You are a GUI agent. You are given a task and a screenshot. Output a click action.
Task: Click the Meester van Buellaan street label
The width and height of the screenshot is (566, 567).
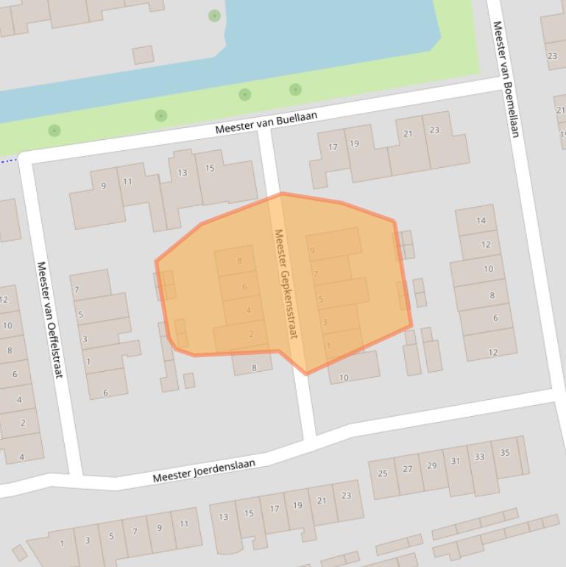coord(266,122)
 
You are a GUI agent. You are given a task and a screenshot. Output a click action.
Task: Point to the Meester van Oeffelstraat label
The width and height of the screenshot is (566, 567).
coord(49,320)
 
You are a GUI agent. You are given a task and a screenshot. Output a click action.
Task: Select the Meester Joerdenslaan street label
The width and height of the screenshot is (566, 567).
coord(204,471)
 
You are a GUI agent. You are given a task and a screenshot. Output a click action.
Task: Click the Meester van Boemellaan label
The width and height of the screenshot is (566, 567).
coord(506,79)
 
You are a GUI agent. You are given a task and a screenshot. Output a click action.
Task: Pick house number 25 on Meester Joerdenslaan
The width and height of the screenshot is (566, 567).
coord(383,473)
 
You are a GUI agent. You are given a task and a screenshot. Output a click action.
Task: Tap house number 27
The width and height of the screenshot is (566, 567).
coord(408,469)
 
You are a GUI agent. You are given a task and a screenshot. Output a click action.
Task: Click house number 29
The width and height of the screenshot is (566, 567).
coord(431,465)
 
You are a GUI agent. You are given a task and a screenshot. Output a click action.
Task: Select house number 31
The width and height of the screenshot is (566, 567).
coord(456,461)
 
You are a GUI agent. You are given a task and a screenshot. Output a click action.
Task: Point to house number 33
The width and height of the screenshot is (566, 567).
coord(480,457)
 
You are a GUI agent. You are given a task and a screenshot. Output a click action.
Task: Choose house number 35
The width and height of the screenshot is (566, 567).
coord(505,452)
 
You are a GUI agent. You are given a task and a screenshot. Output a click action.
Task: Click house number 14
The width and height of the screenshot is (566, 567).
coord(481,220)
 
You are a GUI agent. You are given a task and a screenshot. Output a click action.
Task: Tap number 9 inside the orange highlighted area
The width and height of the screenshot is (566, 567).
coord(312,251)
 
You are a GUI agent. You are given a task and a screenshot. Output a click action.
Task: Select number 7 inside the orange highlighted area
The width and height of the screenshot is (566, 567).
coord(316,275)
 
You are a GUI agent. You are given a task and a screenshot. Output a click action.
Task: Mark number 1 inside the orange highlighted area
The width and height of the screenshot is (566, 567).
coord(328,345)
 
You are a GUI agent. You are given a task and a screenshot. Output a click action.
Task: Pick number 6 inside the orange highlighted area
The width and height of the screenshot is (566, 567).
coord(244,287)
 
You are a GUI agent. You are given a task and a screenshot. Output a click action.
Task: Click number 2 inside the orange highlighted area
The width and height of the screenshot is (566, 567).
coord(251,334)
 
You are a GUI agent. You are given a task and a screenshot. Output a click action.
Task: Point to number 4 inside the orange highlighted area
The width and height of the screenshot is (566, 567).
coord(248,311)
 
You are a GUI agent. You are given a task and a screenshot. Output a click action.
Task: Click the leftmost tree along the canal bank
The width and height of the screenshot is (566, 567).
coord(54,130)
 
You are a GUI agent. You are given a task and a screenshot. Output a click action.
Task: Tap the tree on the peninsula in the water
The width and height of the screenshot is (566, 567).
coord(214,15)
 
